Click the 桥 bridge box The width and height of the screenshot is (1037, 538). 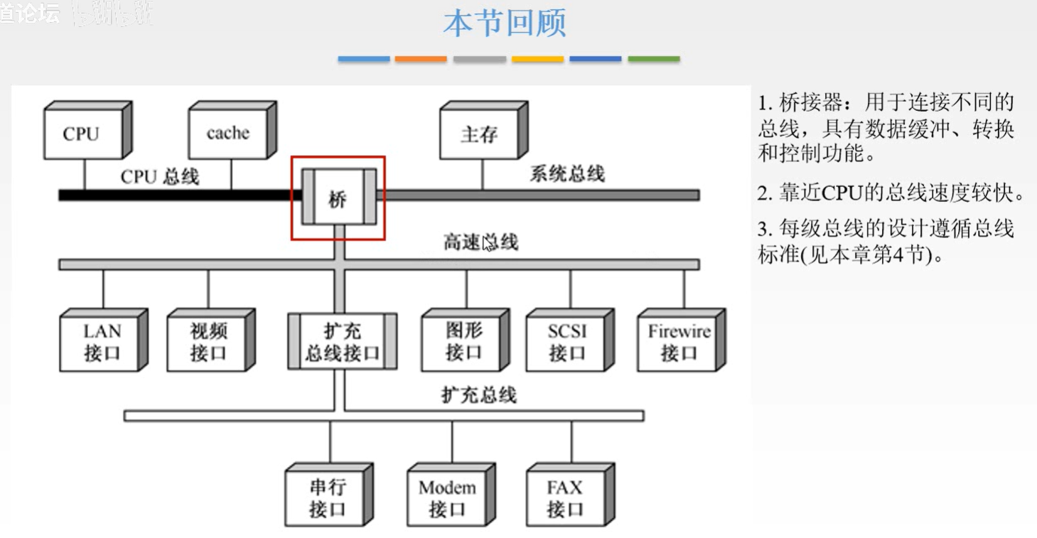338,198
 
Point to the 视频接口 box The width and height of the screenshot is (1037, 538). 208,342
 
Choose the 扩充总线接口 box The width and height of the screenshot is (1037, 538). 342,342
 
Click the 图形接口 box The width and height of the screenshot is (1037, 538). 463,342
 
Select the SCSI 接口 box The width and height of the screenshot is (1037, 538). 567,342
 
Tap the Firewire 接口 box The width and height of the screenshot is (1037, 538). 678,342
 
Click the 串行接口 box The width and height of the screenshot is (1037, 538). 326,497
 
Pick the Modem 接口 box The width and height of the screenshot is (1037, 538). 447,497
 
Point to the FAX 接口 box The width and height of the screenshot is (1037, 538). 565,497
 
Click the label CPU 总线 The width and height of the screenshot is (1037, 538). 160,176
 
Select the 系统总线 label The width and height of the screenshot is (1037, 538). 566,173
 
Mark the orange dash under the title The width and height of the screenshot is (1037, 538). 421,59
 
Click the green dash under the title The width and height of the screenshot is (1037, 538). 653,59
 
